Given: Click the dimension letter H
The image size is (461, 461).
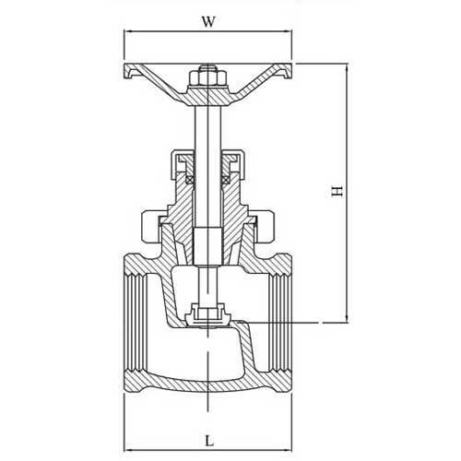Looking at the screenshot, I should click(x=337, y=192).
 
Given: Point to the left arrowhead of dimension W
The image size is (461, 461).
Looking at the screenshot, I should click(x=127, y=30).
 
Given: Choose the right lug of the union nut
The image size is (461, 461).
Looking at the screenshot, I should click(x=264, y=225).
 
